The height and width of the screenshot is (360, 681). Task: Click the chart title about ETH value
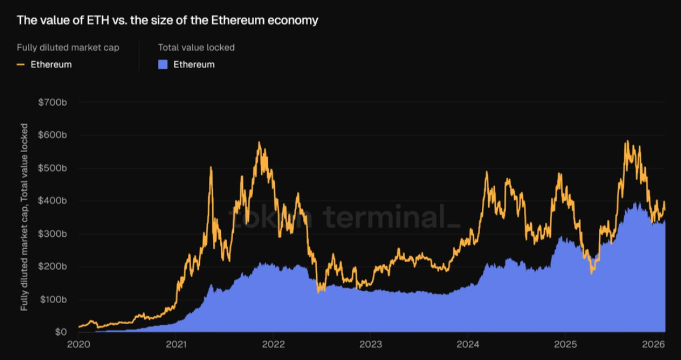[167, 20]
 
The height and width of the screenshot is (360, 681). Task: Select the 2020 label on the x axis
[79, 344]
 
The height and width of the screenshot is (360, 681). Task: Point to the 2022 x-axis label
[274, 344]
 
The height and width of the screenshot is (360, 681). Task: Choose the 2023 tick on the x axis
[371, 344]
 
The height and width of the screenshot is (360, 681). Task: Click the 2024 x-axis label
[468, 344]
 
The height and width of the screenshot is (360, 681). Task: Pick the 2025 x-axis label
[565, 344]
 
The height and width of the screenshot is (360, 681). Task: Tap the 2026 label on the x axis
[654, 344]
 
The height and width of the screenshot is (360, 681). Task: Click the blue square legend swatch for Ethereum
[163, 64]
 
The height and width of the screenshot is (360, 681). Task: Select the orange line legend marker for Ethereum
[21, 64]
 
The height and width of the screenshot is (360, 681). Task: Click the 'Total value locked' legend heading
[196, 48]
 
